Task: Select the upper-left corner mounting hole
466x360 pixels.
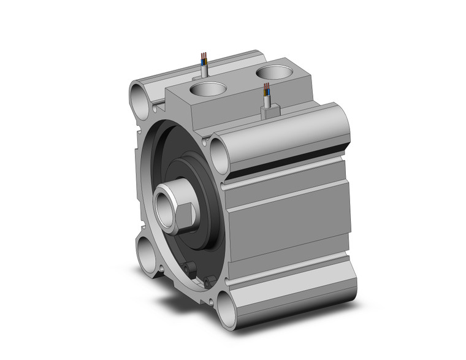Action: click(139, 96)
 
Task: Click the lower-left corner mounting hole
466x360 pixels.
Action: click(148, 253)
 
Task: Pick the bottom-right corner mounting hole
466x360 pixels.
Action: click(225, 304)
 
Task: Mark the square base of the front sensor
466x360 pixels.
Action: click(270, 111)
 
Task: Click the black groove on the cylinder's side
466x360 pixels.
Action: click(288, 161)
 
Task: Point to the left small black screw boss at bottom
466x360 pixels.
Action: click(189, 267)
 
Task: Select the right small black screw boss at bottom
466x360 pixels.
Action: click(211, 281)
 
